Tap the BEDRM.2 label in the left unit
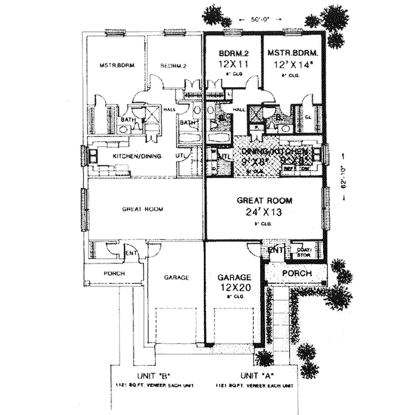(174, 66)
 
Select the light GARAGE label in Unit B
(176, 277)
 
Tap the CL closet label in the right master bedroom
(308, 118)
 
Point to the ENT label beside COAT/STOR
(275, 249)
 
